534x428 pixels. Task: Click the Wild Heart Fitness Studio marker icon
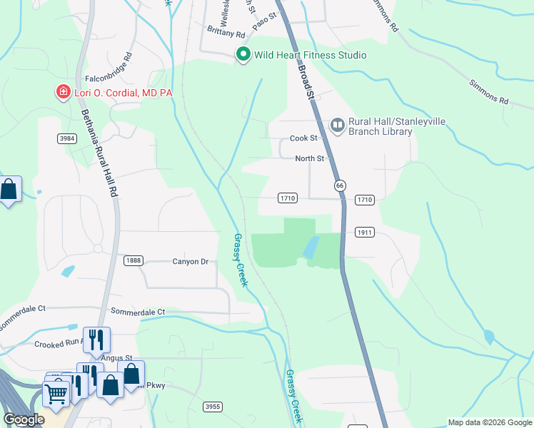click(243, 55)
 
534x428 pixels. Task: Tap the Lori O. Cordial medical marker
click(63, 93)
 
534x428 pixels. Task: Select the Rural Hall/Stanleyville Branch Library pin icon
click(338, 126)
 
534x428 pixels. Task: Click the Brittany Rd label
click(226, 33)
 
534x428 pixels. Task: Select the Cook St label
click(303, 138)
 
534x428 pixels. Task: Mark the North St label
click(310, 158)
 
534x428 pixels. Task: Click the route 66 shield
click(338, 185)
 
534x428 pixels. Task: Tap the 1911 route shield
click(364, 233)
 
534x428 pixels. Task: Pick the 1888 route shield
click(133, 261)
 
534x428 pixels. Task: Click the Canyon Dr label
click(190, 262)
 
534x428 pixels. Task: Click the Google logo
click(24, 419)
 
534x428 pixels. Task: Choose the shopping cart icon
click(55, 391)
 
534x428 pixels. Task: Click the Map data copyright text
click(490, 422)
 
